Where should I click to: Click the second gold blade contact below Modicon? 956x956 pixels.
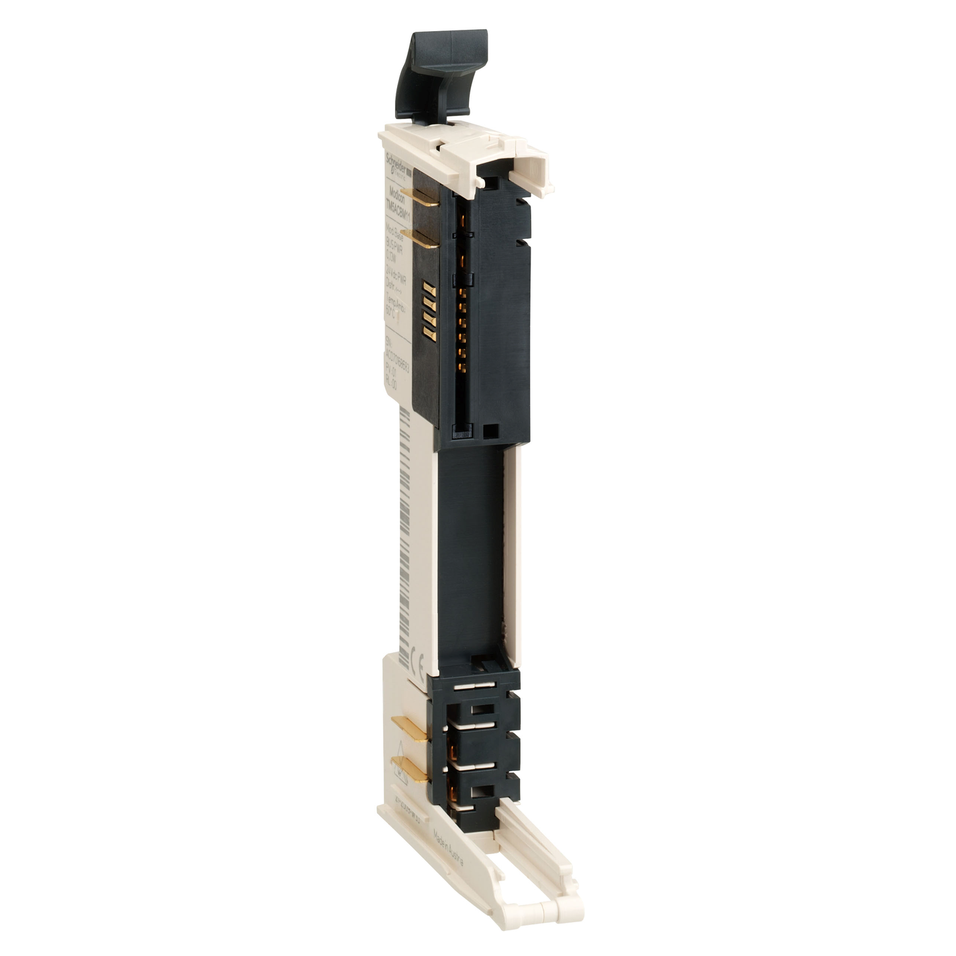tap(421, 239)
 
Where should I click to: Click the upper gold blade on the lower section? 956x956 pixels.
tap(410, 724)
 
